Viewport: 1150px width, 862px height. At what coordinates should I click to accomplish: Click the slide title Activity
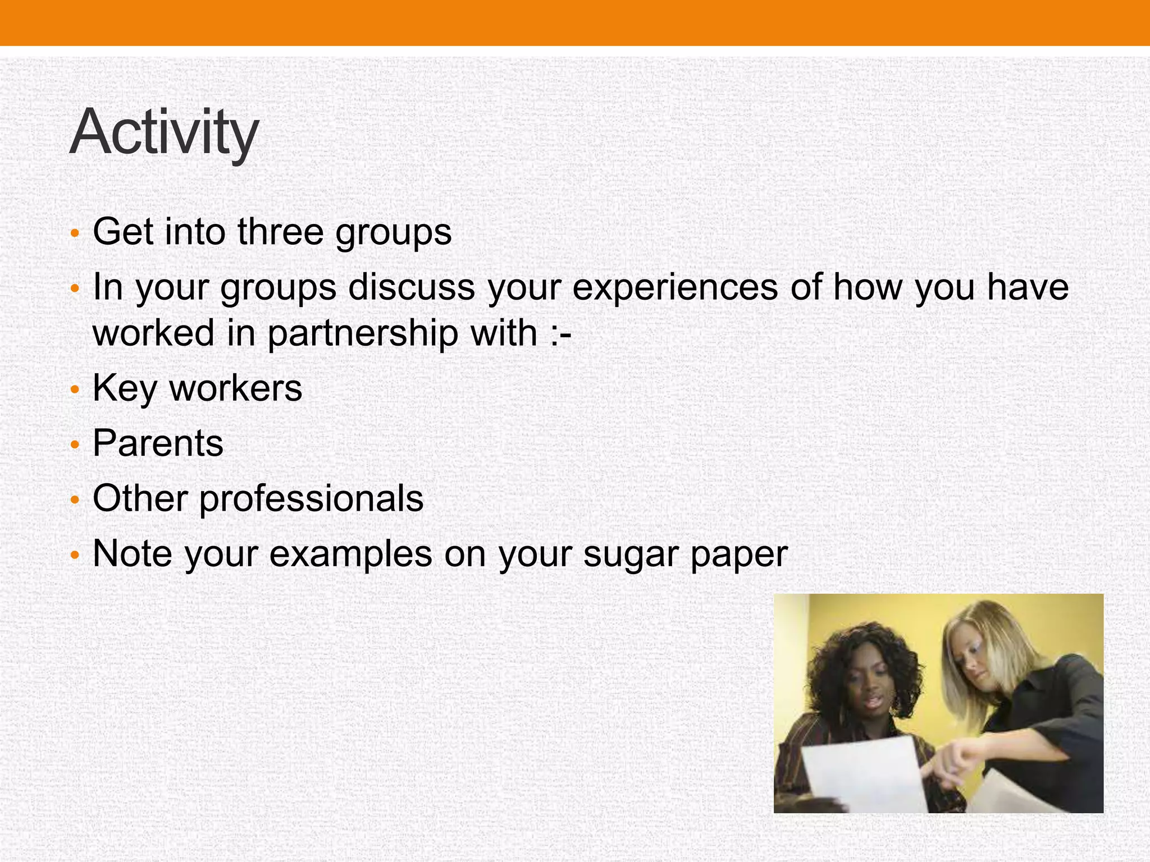tap(163, 132)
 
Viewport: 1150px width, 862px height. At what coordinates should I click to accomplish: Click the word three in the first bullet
tap(280, 231)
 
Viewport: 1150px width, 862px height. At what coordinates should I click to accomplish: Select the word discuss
tap(411, 287)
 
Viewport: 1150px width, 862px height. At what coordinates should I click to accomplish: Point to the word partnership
tap(362, 333)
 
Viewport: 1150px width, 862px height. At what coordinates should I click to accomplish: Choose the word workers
tap(236, 388)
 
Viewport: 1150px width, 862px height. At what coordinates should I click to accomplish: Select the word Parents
tap(158, 443)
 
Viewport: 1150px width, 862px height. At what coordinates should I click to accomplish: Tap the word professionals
tap(311, 499)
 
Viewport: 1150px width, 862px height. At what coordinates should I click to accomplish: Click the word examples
tap(351, 554)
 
